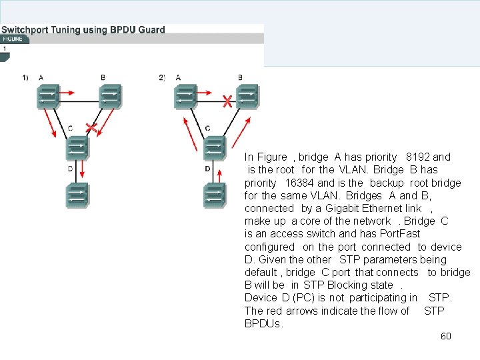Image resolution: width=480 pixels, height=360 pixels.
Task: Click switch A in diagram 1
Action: [x=48, y=97]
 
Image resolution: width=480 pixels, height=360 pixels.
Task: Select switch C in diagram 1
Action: [x=77, y=147]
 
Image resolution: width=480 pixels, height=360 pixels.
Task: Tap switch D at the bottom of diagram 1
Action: [x=77, y=195]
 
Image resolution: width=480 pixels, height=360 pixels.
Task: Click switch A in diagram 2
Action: [x=185, y=97]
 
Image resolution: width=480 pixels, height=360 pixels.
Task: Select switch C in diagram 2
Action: [x=215, y=147]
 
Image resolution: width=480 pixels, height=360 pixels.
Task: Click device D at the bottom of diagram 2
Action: [x=215, y=195]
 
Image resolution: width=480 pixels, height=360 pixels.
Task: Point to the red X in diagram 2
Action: [x=227, y=101]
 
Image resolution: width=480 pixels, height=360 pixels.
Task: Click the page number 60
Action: [x=446, y=336]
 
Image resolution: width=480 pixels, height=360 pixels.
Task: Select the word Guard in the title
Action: [x=153, y=29]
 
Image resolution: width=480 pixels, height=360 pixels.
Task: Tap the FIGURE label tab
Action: [x=13, y=39]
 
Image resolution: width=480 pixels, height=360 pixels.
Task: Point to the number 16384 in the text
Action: [x=299, y=183]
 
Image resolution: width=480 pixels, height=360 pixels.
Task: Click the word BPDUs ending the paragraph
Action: [x=263, y=324]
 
